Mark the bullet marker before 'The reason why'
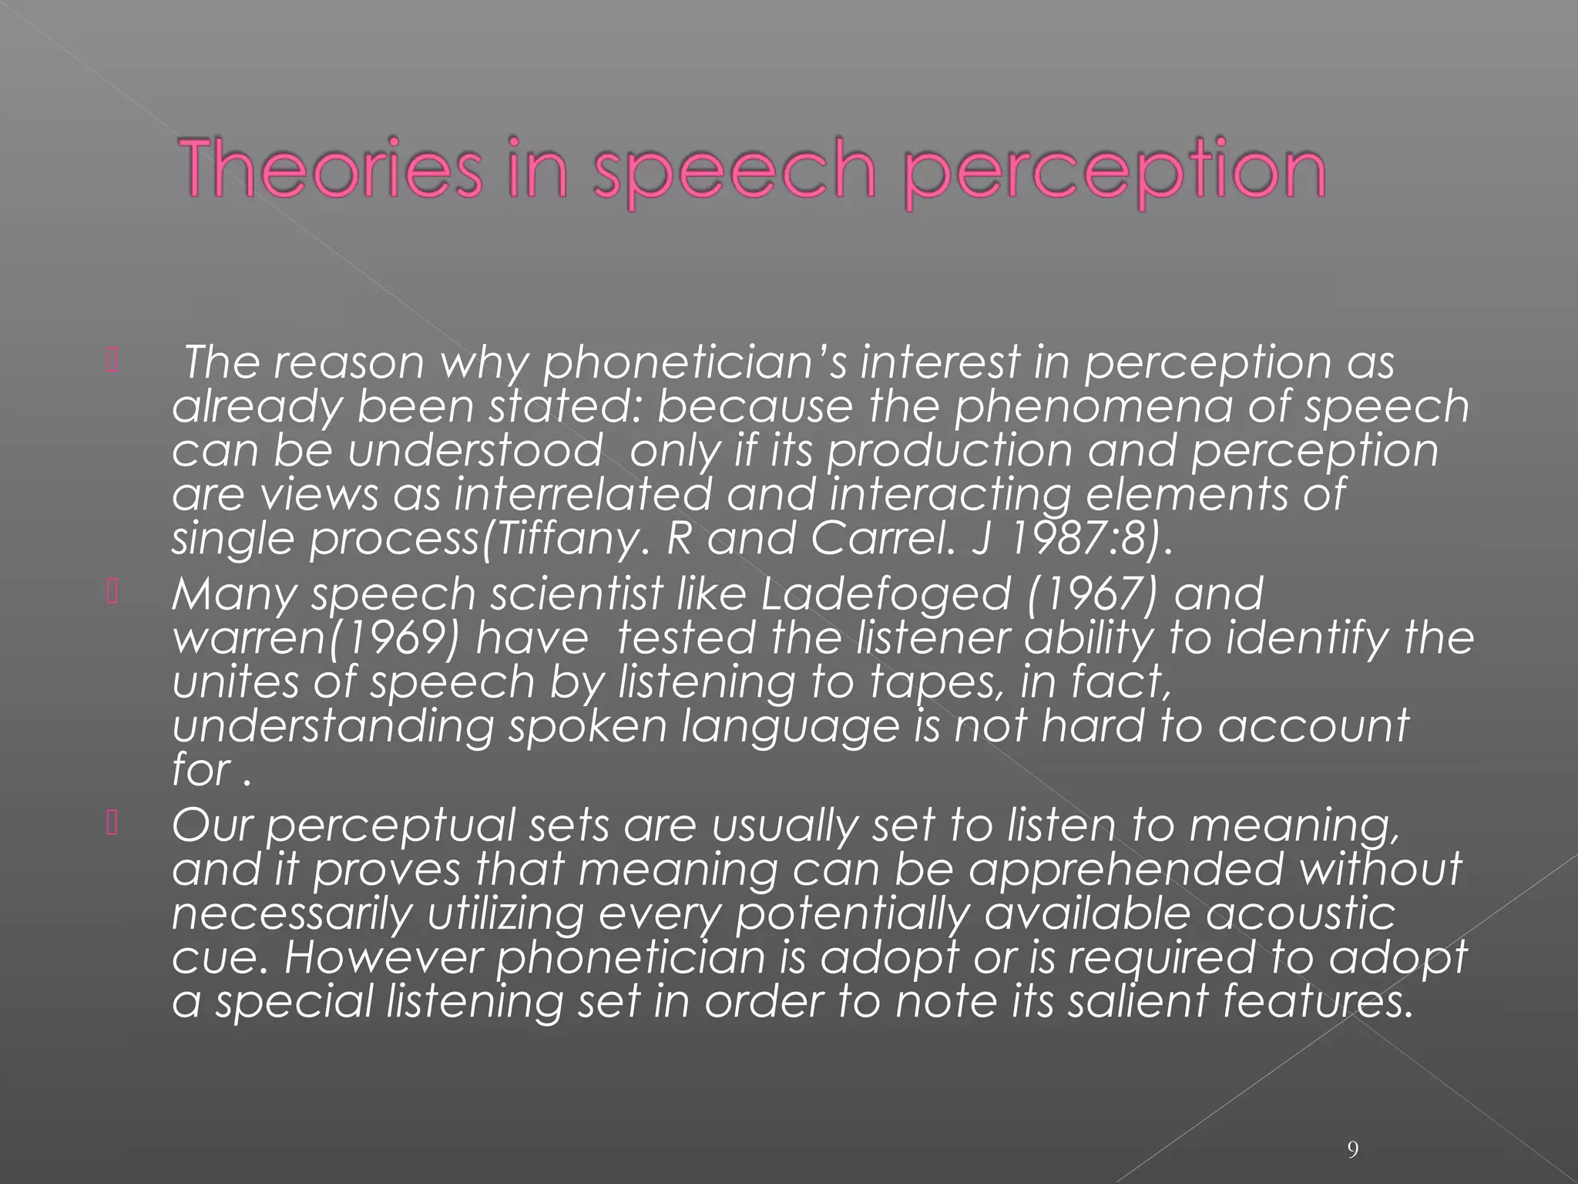tap(111, 362)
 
